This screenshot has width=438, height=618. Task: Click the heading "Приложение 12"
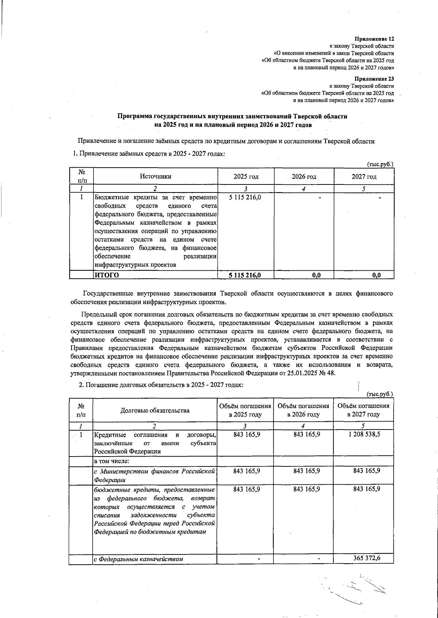[x=375, y=39]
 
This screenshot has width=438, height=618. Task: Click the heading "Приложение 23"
[x=375, y=79]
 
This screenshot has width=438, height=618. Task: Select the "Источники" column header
[x=155, y=176]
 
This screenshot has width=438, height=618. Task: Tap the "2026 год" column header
[x=304, y=177]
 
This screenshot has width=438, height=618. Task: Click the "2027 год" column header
[x=364, y=177]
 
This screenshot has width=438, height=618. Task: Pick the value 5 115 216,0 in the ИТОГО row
[x=245, y=275]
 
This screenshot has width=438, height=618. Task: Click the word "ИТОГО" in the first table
[x=107, y=275]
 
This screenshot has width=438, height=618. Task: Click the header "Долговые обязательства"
[x=155, y=410]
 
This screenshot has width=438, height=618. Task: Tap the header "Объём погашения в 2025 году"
[x=245, y=410]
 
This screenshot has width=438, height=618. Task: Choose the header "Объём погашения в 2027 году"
[x=364, y=410]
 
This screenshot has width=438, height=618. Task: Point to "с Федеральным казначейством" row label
[x=138, y=559]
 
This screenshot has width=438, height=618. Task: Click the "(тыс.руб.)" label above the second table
[x=380, y=394]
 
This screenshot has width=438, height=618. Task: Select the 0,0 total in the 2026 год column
[x=316, y=275]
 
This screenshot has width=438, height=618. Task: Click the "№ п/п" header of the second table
[x=81, y=410]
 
